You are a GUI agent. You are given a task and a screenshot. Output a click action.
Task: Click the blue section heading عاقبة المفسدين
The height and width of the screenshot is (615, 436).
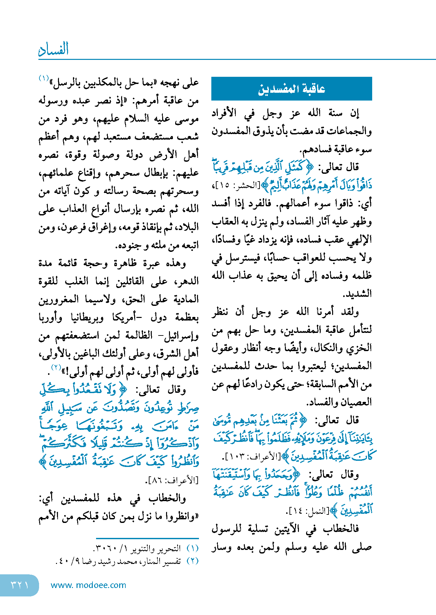[291, 89]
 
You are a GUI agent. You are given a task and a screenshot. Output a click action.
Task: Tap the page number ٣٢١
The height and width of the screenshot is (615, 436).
[20, 585]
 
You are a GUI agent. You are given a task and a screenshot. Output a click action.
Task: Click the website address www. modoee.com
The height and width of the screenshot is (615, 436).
[88, 585]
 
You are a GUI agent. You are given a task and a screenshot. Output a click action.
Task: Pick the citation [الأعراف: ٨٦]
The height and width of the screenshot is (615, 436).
[172, 480]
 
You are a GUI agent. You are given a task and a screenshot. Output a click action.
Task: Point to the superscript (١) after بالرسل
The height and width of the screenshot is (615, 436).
[44, 78]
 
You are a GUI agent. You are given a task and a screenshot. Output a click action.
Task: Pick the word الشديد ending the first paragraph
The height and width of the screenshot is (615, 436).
[357, 294]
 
